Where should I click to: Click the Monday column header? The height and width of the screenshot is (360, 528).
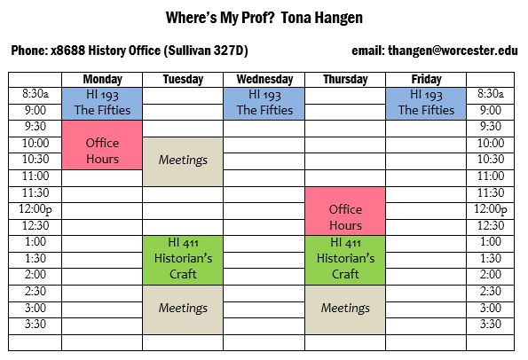[x=102, y=80]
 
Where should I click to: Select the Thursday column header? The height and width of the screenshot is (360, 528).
[x=345, y=80]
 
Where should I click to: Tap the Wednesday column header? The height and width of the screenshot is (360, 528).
[x=264, y=80]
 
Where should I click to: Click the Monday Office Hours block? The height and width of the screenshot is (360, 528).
[x=102, y=145]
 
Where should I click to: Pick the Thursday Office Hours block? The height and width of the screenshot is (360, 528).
[x=345, y=211]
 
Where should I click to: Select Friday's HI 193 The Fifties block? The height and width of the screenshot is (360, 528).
[x=426, y=104]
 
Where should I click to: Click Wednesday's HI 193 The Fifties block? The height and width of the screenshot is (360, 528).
[x=264, y=104]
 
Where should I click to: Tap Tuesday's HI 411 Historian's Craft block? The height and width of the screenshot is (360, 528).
[x=183, y=260]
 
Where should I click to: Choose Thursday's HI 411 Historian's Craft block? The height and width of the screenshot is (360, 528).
[x=345, y=260]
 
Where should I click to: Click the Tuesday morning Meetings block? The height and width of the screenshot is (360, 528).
[x=183, y=161]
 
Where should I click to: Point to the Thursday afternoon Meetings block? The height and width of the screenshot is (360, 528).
[x=345, y=309]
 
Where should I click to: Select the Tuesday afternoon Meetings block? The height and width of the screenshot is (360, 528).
[x=183, y=309]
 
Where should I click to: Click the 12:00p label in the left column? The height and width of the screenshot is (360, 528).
[x=35, y=210]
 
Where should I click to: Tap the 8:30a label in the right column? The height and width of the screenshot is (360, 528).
[x=490, y=93]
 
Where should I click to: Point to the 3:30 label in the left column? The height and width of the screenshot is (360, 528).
[x=35, y=324]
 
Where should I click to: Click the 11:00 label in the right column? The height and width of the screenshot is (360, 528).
[x=490, y=176]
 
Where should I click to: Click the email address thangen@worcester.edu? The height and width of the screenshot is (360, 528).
[x=453, y=51]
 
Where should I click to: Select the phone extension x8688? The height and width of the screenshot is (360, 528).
[x=67, y=51]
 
